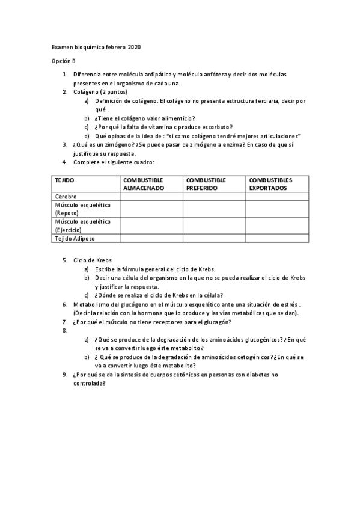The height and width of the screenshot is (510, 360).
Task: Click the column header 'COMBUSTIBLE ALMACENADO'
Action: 145,184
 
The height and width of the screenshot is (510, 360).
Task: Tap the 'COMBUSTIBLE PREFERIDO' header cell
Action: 206,184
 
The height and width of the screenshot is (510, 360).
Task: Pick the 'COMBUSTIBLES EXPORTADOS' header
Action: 270,184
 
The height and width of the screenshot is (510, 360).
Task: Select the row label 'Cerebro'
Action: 66,197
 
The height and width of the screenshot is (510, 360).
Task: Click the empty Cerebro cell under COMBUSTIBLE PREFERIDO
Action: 214,197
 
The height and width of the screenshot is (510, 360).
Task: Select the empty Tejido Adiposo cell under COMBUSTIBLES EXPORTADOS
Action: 277,238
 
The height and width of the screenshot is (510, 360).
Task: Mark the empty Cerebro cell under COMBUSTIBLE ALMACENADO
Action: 151,197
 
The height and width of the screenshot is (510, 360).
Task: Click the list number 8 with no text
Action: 65,330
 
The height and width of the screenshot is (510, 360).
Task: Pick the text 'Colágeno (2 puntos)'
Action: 100,92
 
